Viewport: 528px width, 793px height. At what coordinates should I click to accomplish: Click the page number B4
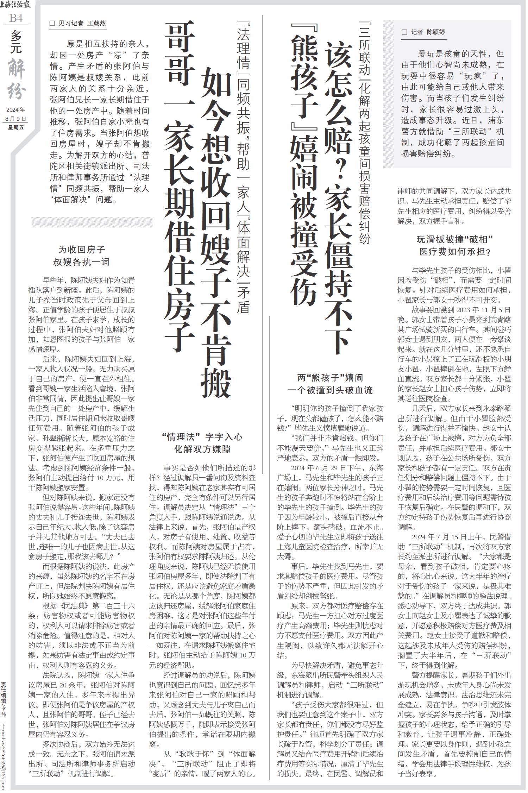[16, 18]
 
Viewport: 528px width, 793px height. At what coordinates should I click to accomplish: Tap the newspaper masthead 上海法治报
[15, 5]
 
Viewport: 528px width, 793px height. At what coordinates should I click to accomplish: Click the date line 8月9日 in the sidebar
[16, 119]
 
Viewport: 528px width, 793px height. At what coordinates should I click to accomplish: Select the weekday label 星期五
[16, 127]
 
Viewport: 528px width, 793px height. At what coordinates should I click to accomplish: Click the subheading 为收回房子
[82, 250]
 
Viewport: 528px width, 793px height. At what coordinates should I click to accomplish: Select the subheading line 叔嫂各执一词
[82, 262]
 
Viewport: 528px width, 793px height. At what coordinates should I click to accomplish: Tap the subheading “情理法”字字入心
[202, 437]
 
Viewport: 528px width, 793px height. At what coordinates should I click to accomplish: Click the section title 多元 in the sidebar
[16, 42]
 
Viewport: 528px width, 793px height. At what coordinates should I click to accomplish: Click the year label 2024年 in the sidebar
[16, 110]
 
